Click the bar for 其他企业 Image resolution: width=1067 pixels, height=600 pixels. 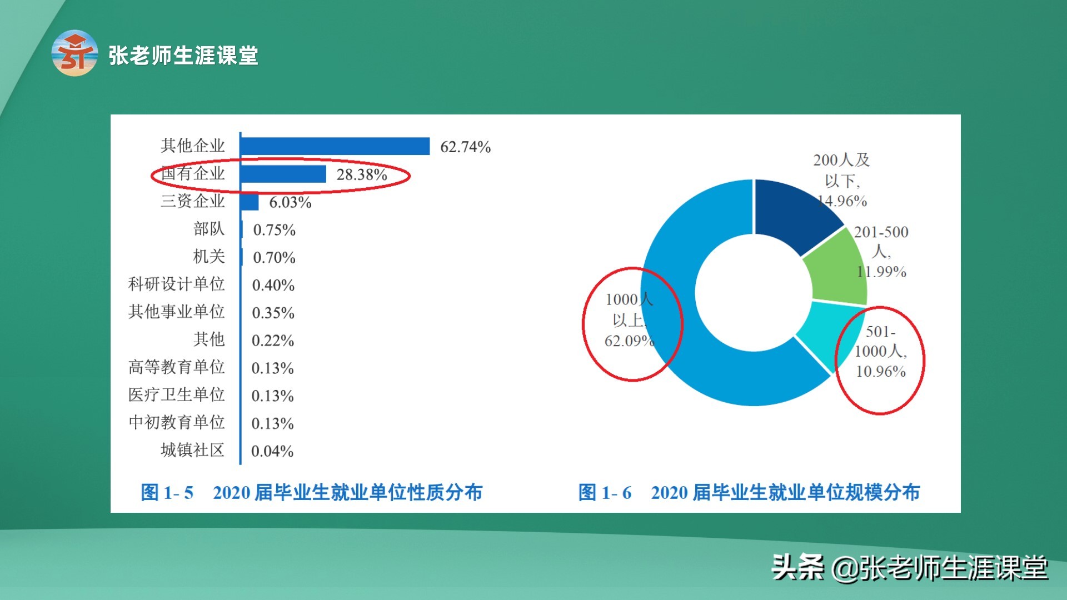pos(335,146)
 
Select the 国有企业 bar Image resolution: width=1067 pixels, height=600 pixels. pos(283,174)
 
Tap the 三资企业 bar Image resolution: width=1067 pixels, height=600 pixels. pos(250,202)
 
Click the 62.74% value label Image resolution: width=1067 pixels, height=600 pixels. pos(465,147)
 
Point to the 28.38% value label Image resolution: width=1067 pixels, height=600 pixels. pos(362,175)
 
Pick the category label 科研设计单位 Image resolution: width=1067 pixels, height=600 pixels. pos(176,284)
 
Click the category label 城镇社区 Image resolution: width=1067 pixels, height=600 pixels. pos(192,450)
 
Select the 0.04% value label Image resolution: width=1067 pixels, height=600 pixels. pos(272,451)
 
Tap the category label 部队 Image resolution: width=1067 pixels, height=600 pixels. pos(209,229)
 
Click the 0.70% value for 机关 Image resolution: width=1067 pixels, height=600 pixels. pos(274,258)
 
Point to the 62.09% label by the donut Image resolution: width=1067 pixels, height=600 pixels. pos(629,341)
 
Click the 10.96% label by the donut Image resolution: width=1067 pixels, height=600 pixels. pos(881,371)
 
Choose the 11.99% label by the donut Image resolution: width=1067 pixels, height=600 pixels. pos(881,272)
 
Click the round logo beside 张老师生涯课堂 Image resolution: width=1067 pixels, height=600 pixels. pos(74,53)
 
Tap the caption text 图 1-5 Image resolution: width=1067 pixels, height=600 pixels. pos(167,492)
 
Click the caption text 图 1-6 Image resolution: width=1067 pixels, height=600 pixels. pos(605,492)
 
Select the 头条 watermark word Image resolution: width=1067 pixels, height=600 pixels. pos(797,568)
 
